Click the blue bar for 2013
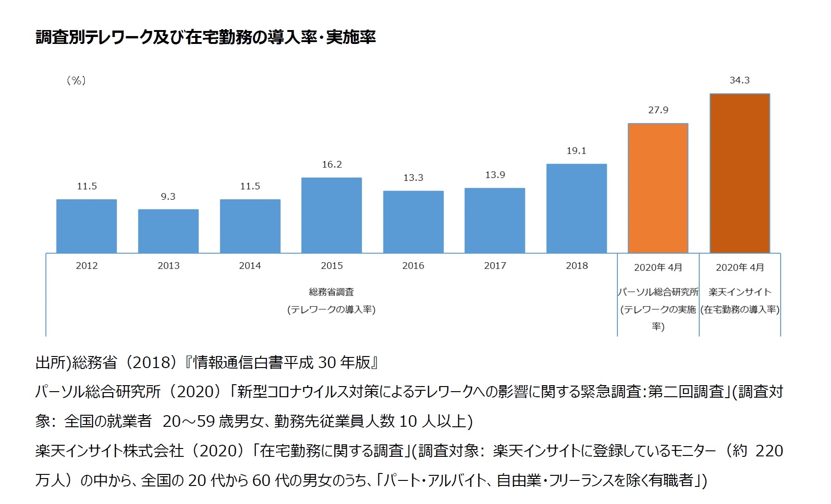tap(168, 231)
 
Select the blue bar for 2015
tap(332, 215)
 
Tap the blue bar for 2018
tap(576, 208)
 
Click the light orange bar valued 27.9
tap(658, 188)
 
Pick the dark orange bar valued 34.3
tap(739, 173)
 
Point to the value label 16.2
tap(332, 165)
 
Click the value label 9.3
tap(168, 197)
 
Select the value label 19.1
tap(576, 151)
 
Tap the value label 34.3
tap(739, 80)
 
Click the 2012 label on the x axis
tap(87, 265)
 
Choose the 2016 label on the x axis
tap(413, 265)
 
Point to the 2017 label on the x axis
tap(495, 265)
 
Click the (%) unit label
tap(76, 80)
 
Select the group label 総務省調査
tap(332, 292)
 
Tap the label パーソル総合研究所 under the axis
tap(658, 292)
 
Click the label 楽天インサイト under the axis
tap(740, 292)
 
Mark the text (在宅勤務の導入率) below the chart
tap(740, 309)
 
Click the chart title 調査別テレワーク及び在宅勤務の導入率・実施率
tap(206, 37)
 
